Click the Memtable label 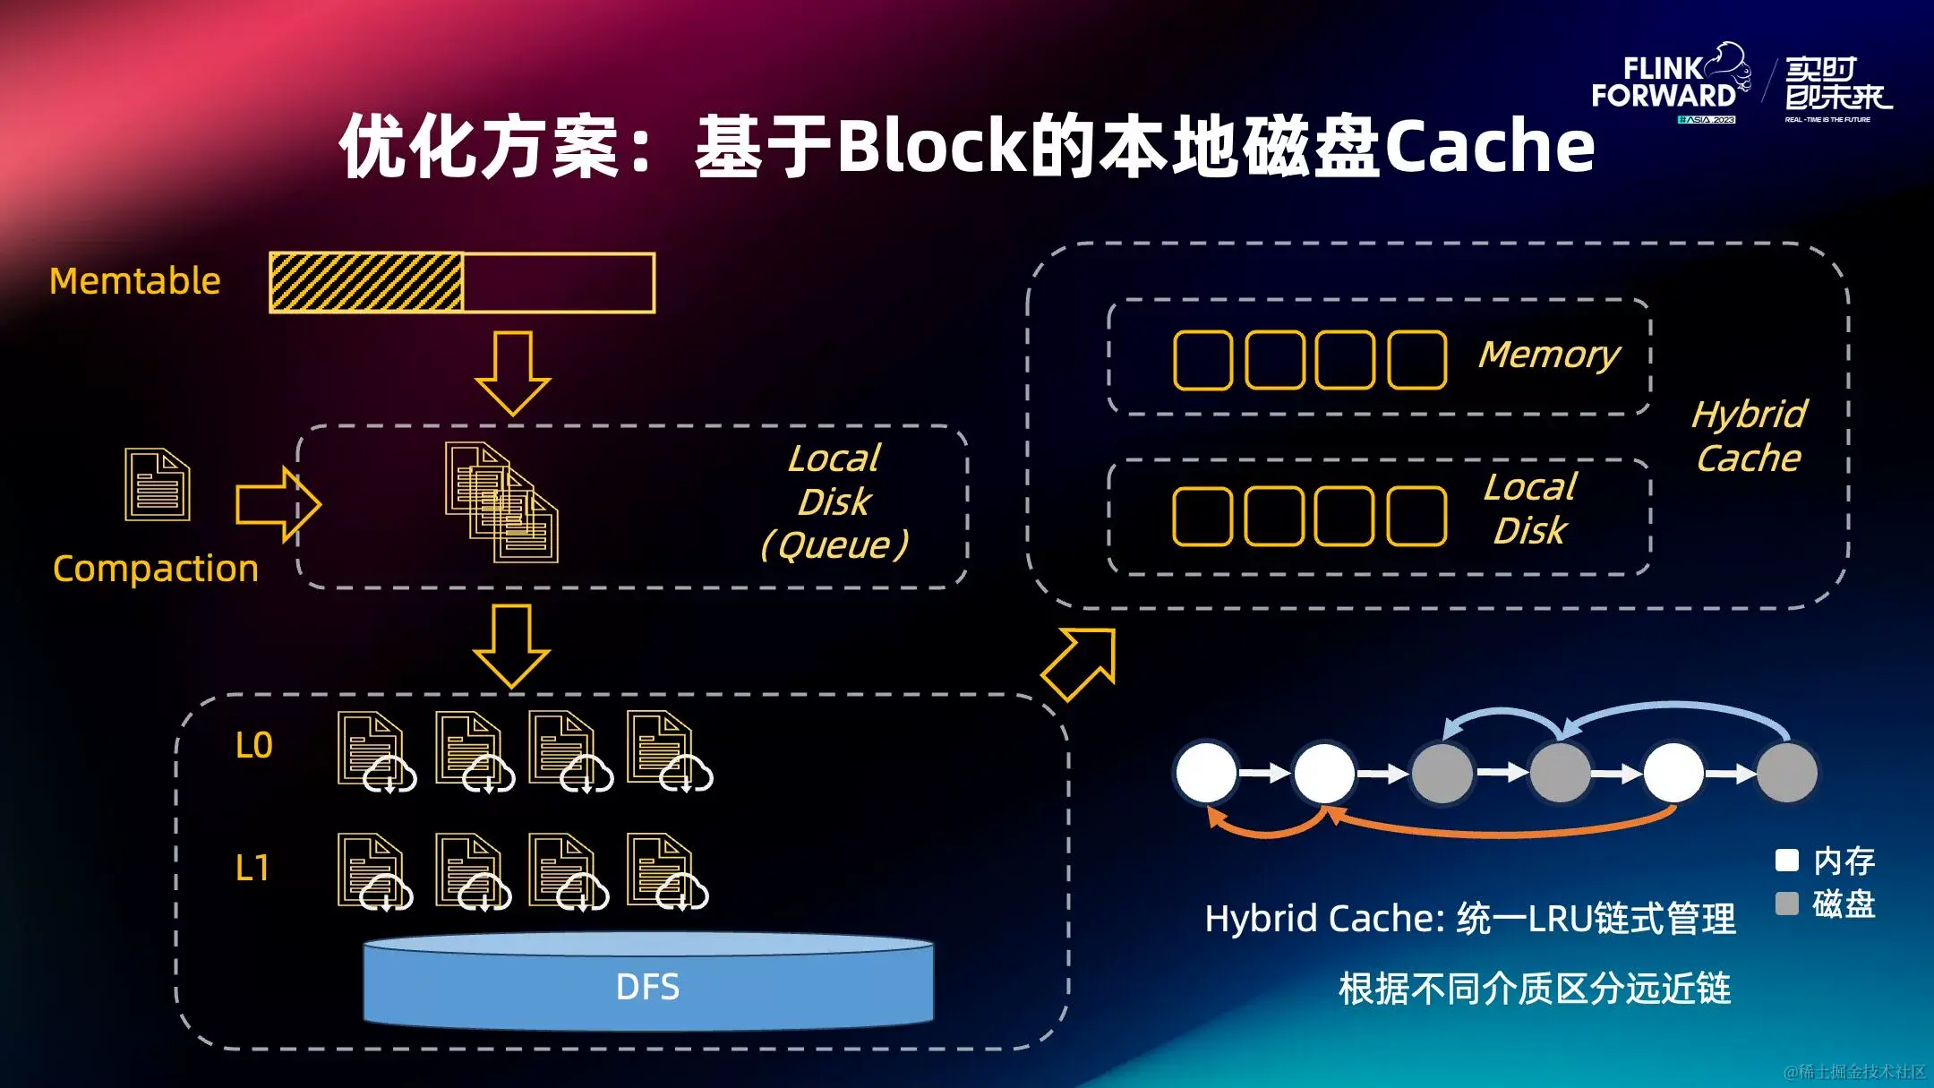[134, 281]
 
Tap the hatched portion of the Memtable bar [365, 282]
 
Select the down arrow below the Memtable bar [513, 373]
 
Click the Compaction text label [156, 569]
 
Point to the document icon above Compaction [158, 484]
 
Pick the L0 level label [253, 745]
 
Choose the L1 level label [252, 868]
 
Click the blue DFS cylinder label [647, 987]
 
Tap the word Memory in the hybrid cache [1549, 356]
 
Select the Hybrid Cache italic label [1749, 436]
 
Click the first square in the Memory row [1202, 360]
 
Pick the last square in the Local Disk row [1416, 517]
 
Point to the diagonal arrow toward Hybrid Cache [1080, 664]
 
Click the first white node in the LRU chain [1206, 772]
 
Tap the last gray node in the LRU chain [1787, 772]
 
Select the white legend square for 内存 [1786, 861]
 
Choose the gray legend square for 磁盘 [1786, 904]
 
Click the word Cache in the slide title [1490, 146]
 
